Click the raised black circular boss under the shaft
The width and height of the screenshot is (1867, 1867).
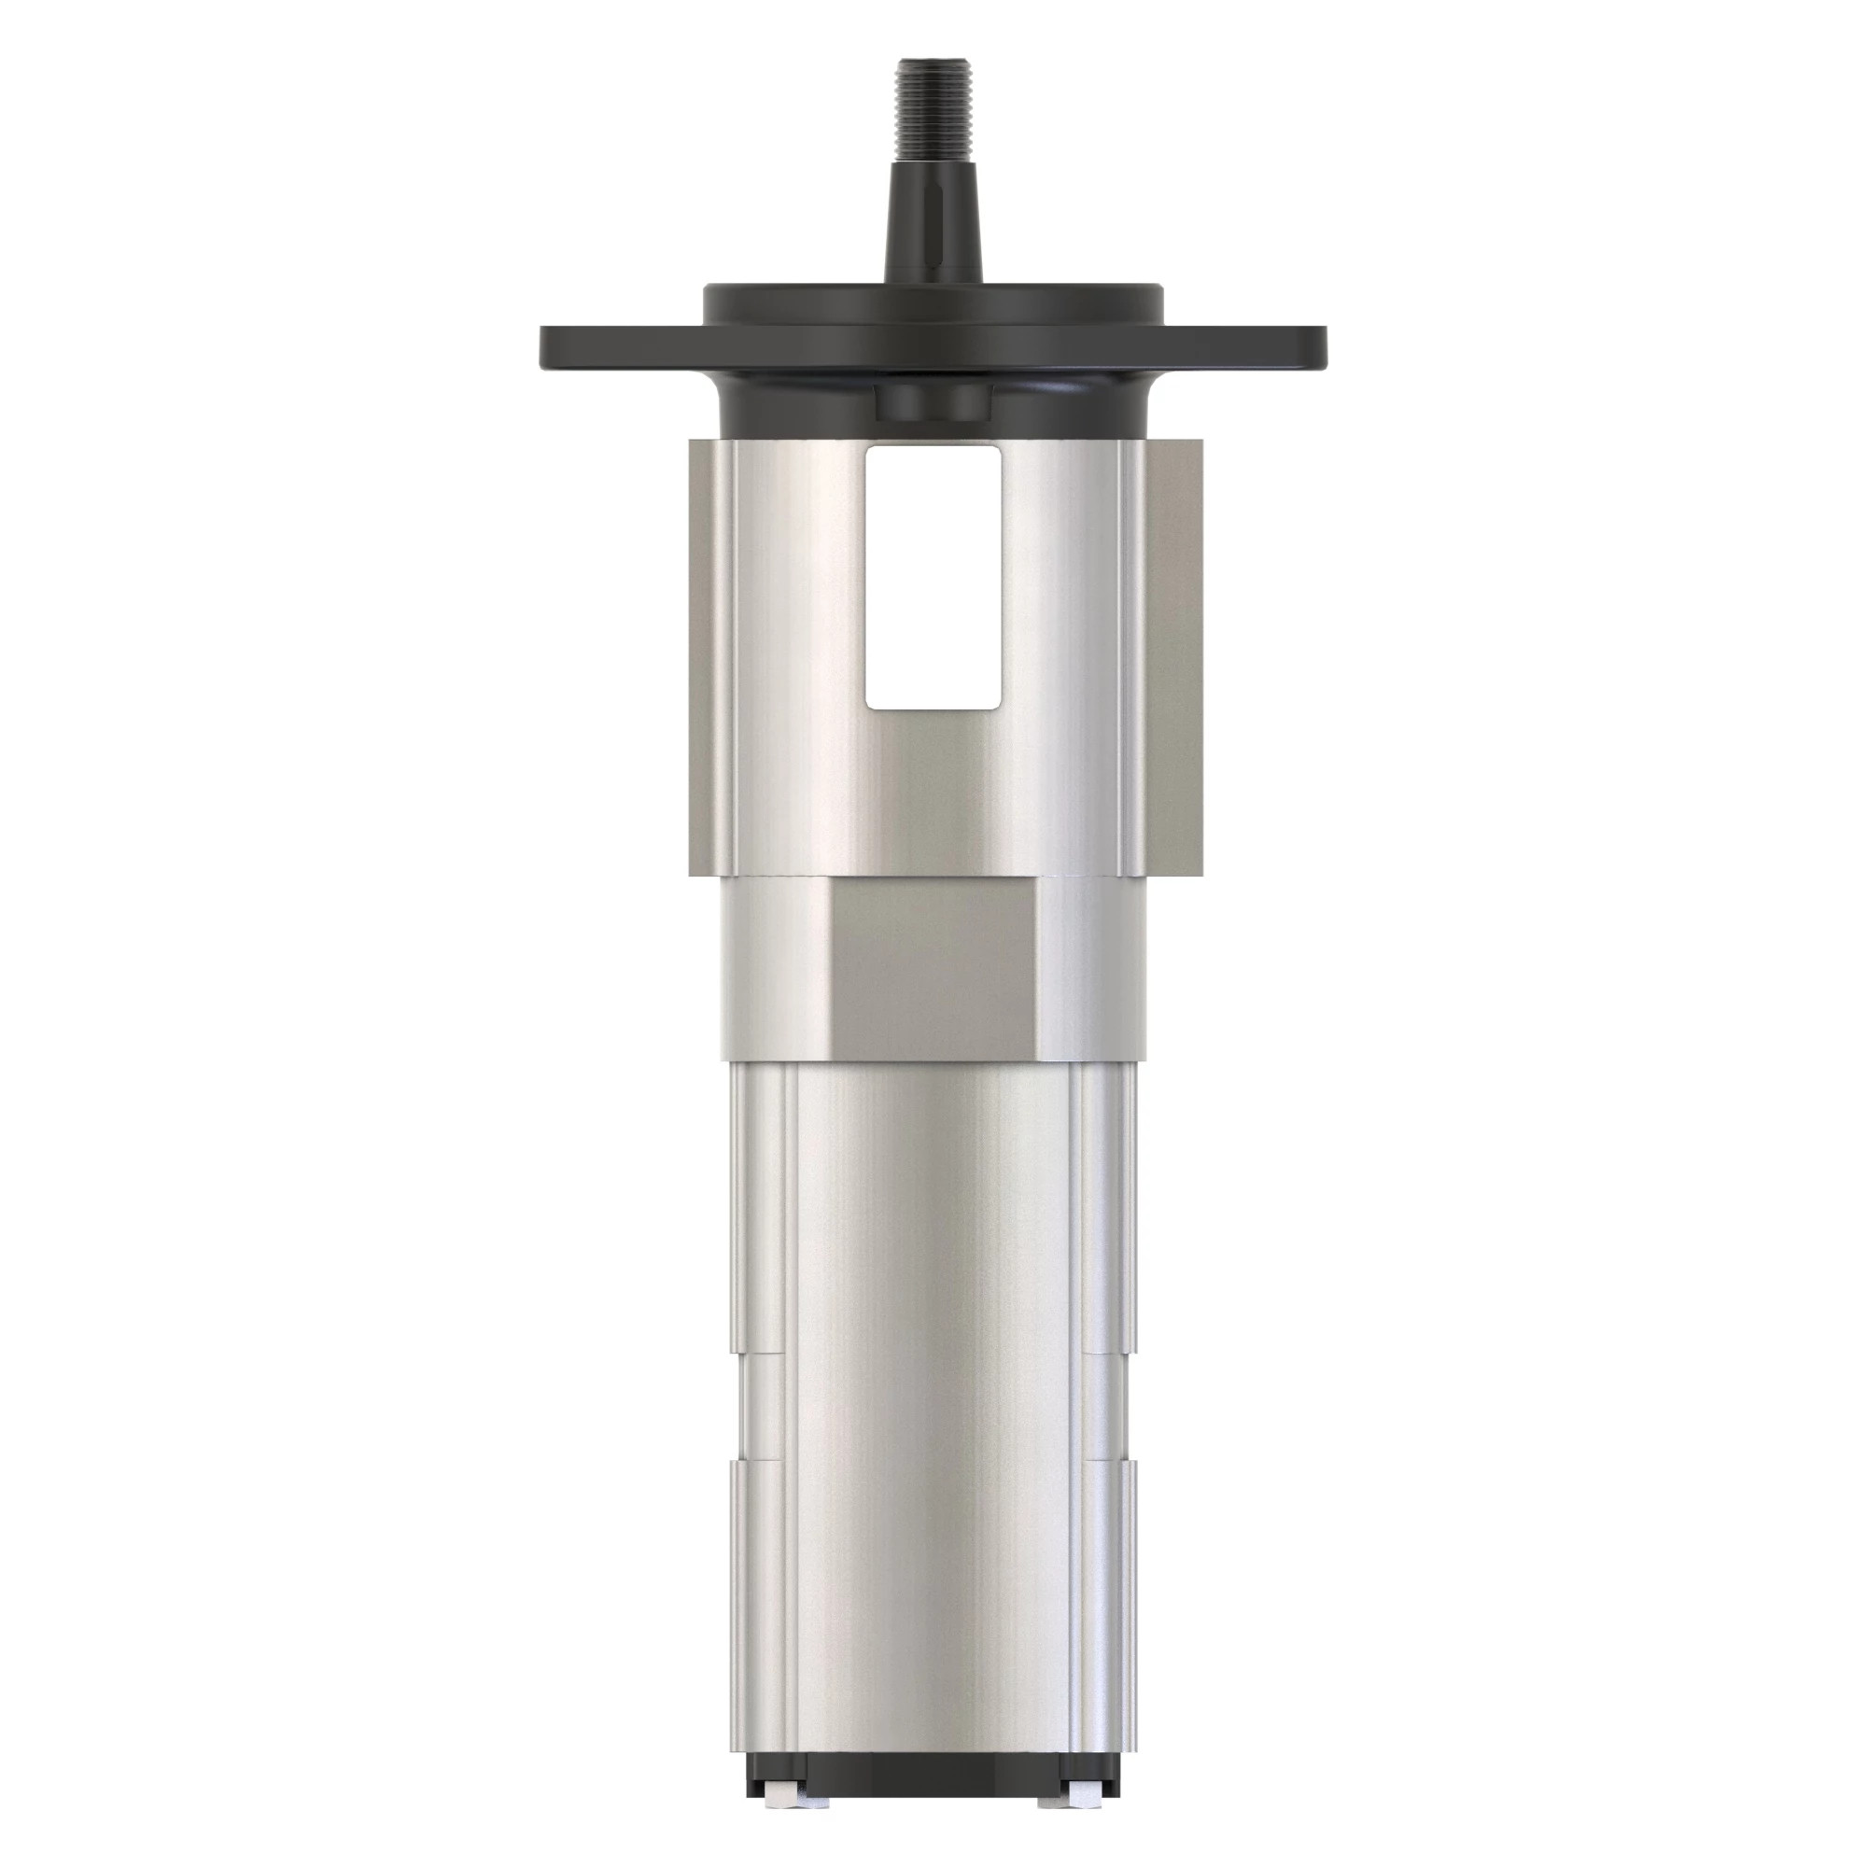[x=933, y=302]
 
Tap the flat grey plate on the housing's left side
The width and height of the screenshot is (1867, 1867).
[x=708, y=657]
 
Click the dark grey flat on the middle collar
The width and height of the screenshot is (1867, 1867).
[x=933, y=966]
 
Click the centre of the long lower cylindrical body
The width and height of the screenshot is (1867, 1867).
[x=933, y=1401]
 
